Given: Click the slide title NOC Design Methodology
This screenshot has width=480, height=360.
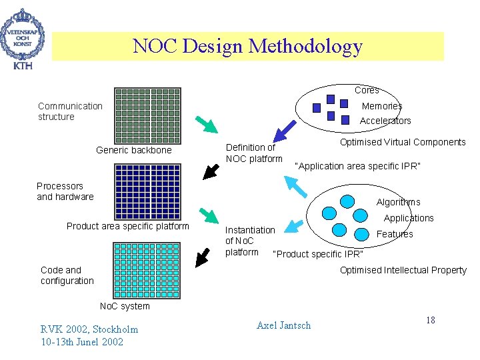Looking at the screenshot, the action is (247, 46).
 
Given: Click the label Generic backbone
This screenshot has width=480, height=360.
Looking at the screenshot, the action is (133, 150).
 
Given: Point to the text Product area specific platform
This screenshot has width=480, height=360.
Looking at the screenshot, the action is (128, 226).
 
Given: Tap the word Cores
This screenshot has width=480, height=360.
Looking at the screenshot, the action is (367, 90).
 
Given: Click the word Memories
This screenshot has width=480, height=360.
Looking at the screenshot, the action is (382, 106).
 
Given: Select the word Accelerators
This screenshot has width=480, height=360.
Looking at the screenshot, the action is (385, 121).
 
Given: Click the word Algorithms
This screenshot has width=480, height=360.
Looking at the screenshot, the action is (398, 202).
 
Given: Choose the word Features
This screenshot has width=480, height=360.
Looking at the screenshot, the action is (395, 234).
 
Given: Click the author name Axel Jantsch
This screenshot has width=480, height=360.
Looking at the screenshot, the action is (283, 325).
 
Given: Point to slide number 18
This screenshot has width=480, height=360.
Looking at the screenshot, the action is (430, 321).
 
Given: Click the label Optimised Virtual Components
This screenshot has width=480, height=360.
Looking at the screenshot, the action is (403, 142).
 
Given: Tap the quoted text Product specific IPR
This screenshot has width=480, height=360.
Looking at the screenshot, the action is (319, 254).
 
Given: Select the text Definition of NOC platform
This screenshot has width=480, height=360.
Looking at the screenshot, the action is (254, 153).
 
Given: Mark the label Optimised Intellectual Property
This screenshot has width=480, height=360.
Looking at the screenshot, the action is (403, 270).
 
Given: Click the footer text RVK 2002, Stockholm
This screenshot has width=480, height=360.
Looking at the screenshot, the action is (89, 329).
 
